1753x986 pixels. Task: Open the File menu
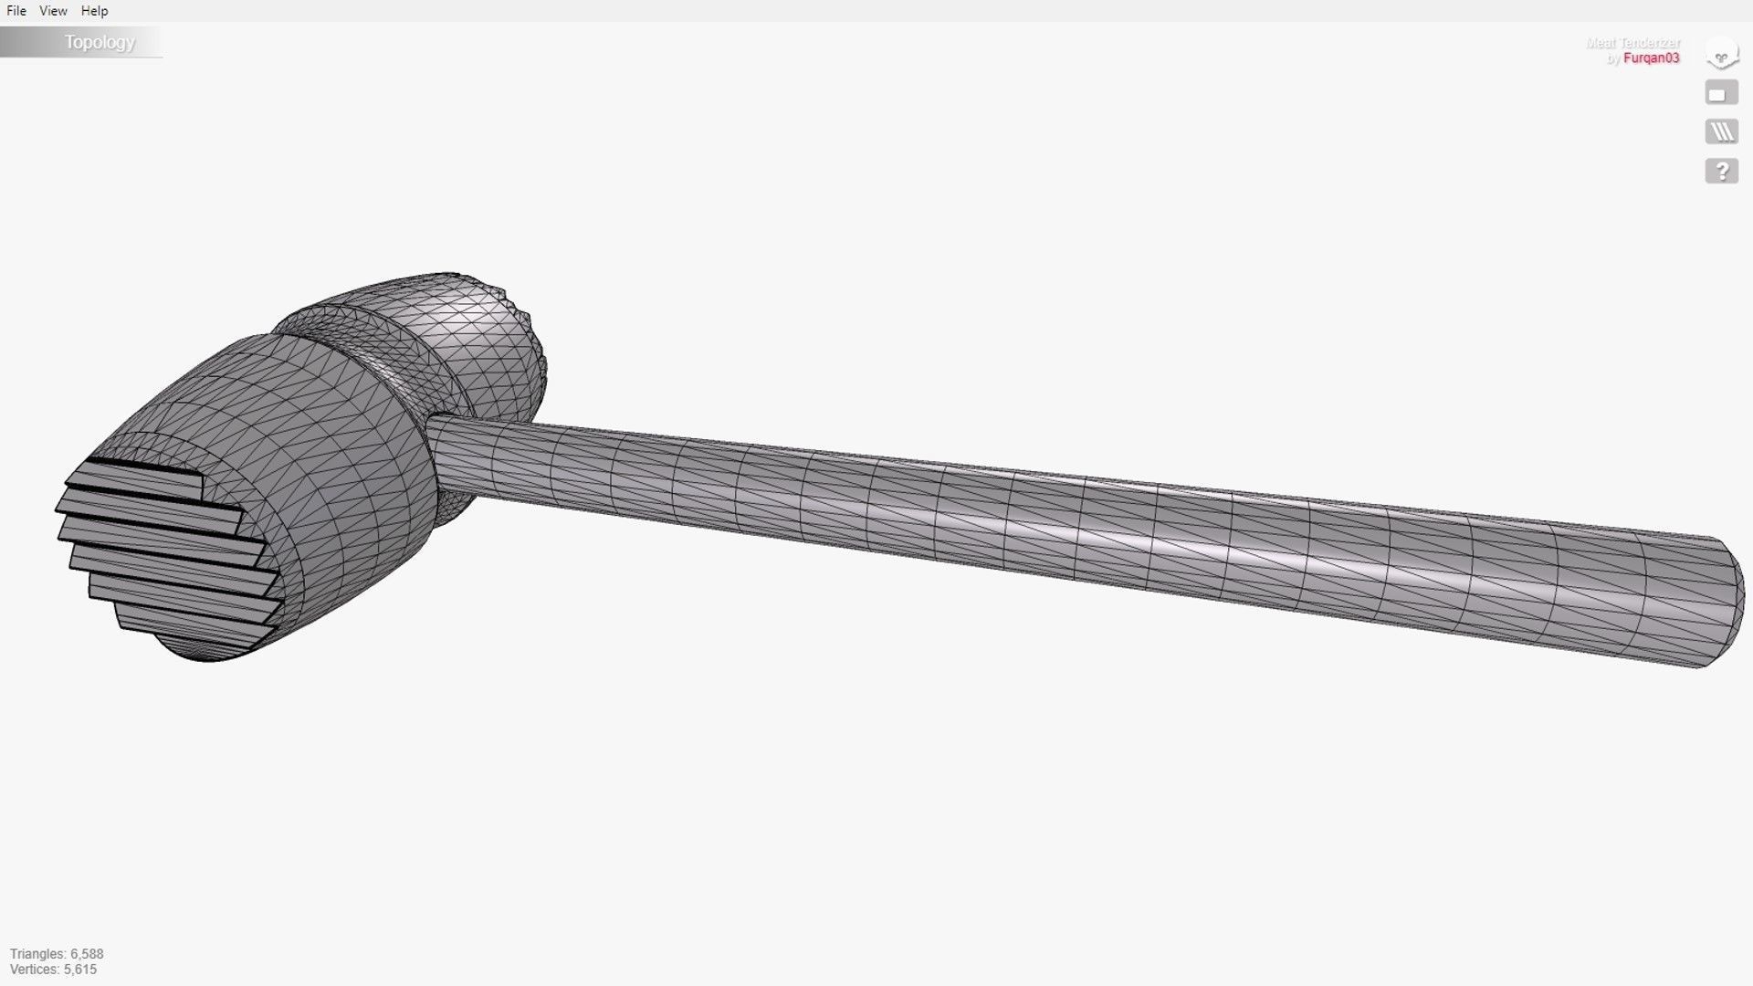pyautogui.click(x=16, y=11)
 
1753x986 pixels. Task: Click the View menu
pyautogui.click(x=53, y=11)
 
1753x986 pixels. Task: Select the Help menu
pyautogui.click(x=94, y=11)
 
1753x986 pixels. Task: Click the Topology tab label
pyautogui.click(x=99, y=42)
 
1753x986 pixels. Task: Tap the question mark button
pyautogui.click(x=1721, y=171)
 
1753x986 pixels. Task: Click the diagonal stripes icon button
pyautogui.click(x=1721, y=132)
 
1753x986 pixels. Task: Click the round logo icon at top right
pyautogui.click(x=1721, y=54)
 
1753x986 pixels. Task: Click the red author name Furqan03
pyautogui.click(x=1651, y=58)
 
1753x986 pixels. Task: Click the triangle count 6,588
pyautogui.click(x=87, y=954)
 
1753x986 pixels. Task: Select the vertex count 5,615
pyautogui.click(x=80, y=970)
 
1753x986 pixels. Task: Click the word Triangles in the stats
pyautogui.click(x=37, y=954)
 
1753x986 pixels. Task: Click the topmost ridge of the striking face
pyautogui.click(x=137, y=475)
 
